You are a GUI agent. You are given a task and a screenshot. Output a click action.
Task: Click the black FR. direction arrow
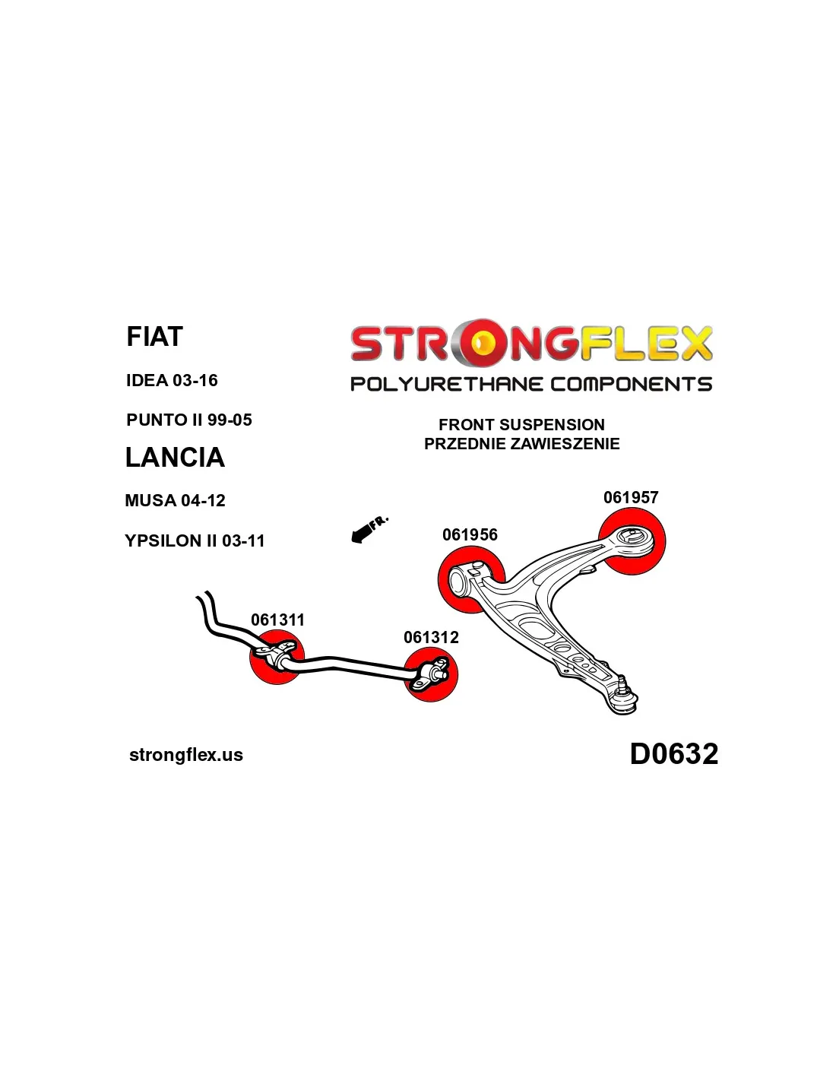coord(369,529)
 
